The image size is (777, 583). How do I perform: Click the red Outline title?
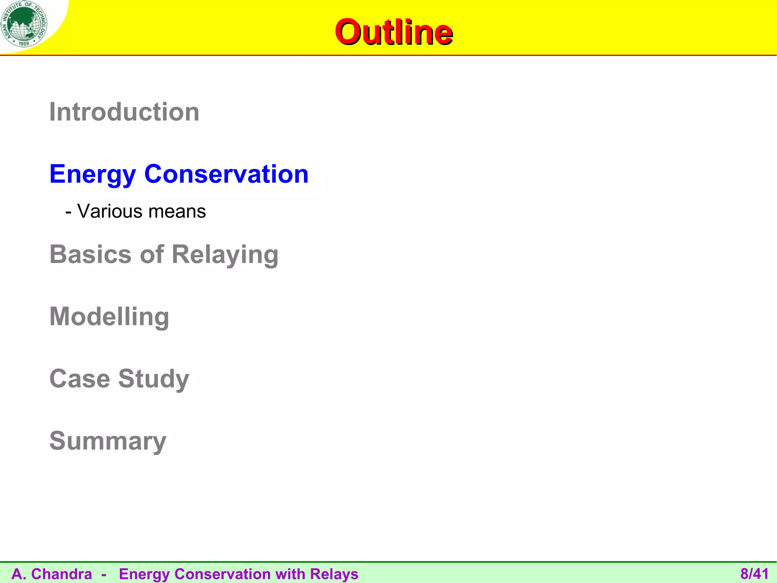393,32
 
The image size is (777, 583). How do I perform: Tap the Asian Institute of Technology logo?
24,24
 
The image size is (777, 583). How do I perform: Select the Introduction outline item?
124,112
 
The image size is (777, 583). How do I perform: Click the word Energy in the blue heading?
93,174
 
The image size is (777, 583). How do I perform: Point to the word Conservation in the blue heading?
226,174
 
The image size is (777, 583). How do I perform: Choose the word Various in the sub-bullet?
109,211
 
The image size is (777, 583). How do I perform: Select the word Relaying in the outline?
225,255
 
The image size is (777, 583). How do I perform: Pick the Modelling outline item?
109,317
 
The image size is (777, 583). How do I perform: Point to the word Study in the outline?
154,379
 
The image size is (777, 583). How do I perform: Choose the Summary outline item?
108,441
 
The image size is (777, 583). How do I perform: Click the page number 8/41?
754,574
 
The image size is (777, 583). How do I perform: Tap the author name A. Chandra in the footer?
52,574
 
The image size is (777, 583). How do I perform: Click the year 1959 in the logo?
24,44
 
